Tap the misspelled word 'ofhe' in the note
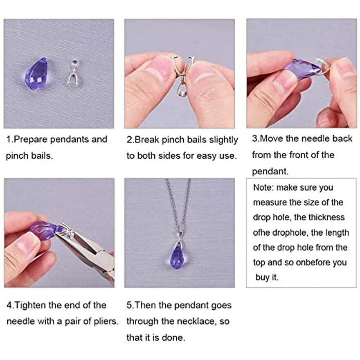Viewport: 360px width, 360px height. pyautogui.click(x=262, y=232)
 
